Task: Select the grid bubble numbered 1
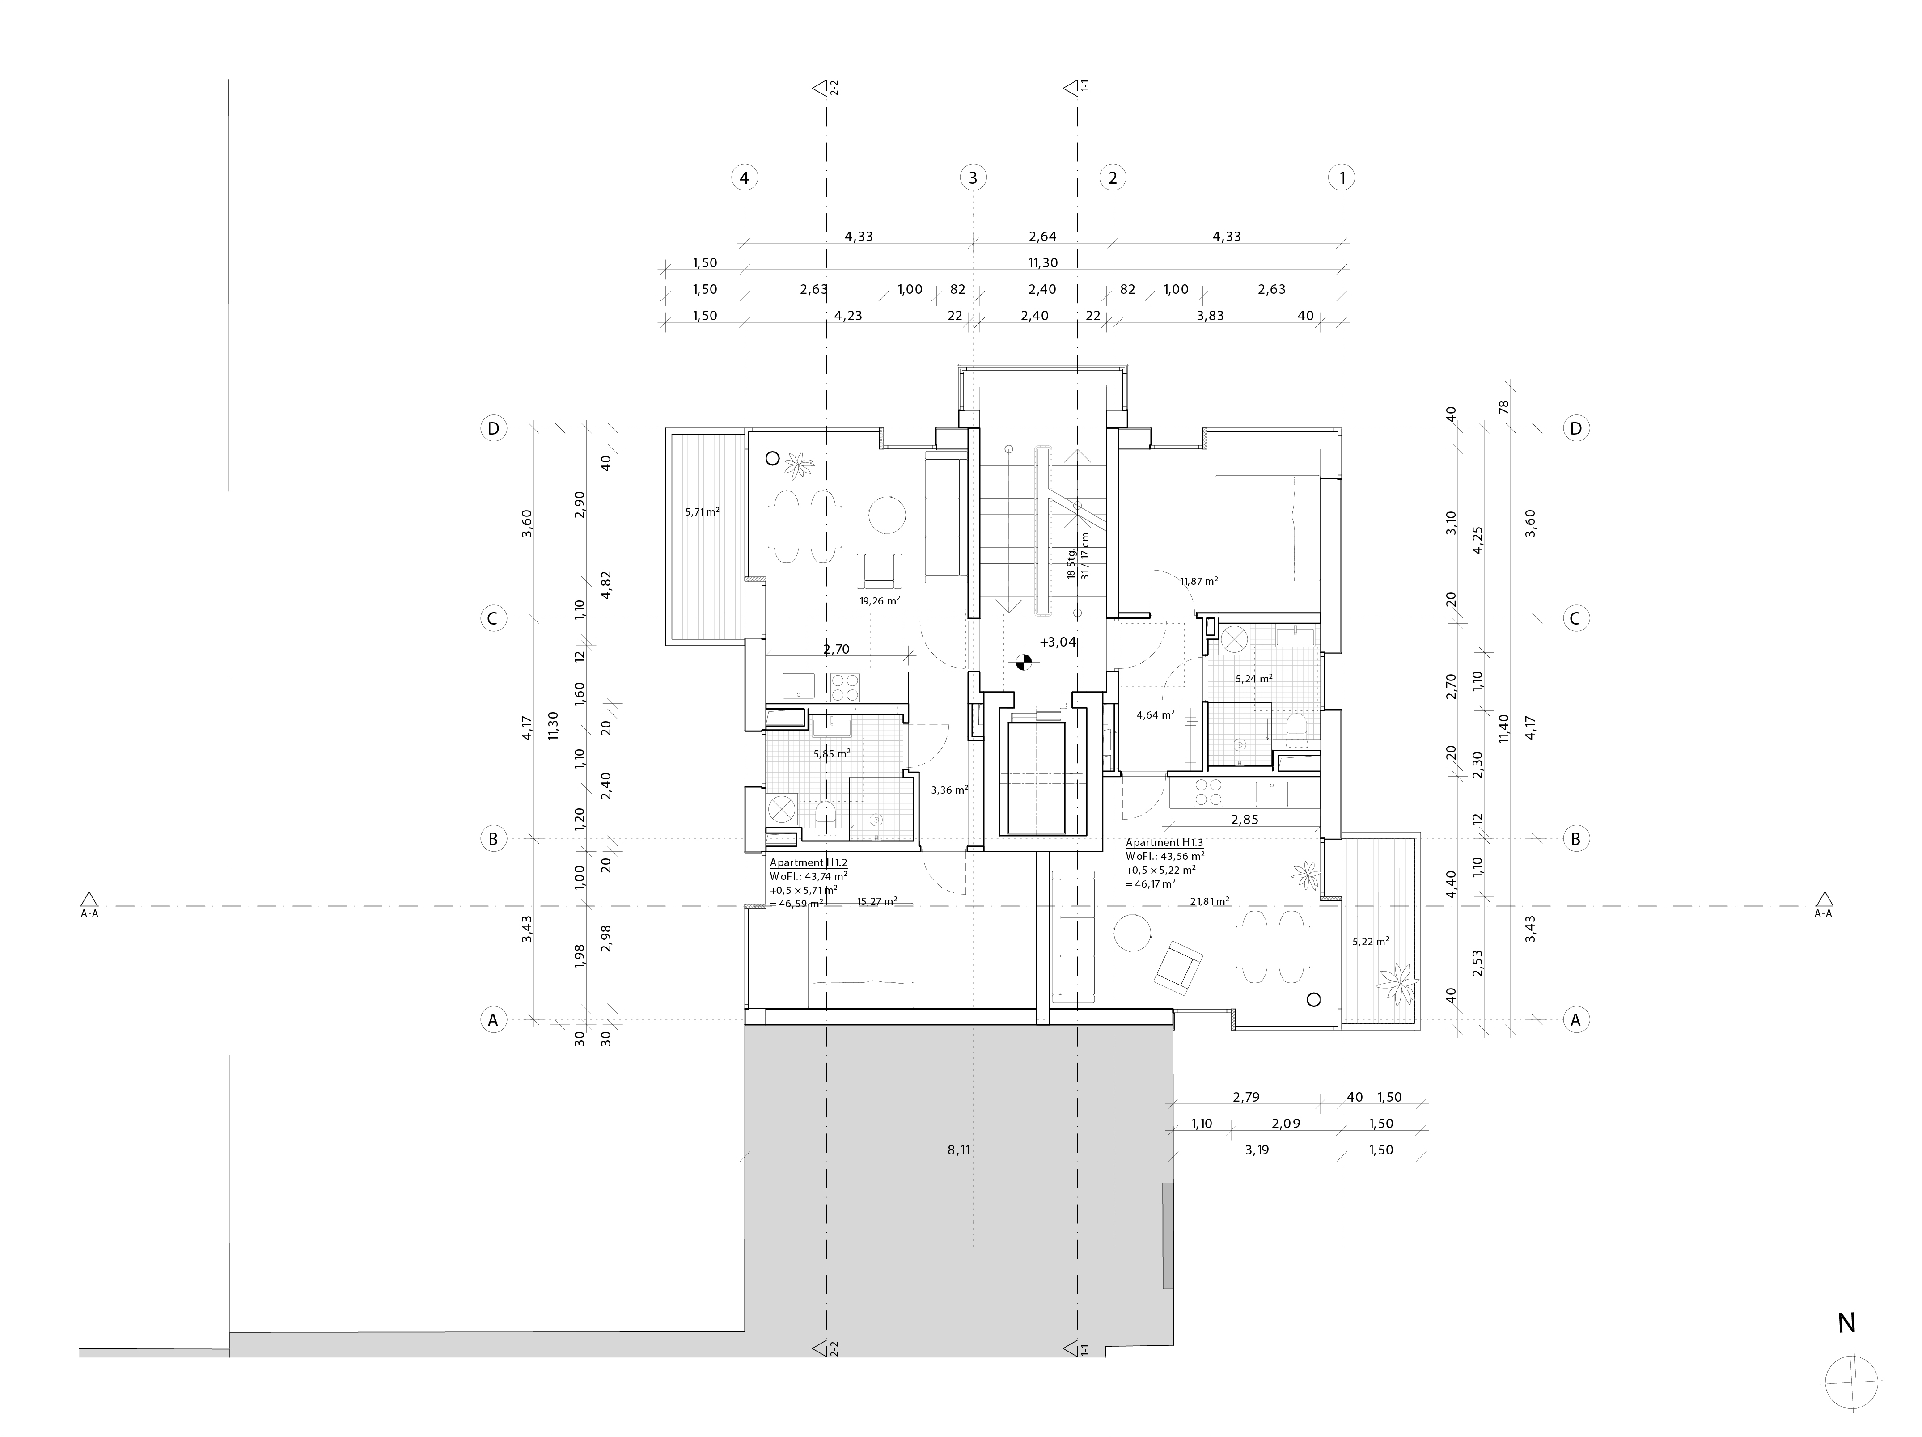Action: click(x=1342, y=178)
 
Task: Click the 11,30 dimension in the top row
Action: click(x=1043, y=262)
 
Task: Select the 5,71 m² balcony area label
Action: click(x=702, y=512)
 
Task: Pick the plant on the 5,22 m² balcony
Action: click(x=1396, y=982)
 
